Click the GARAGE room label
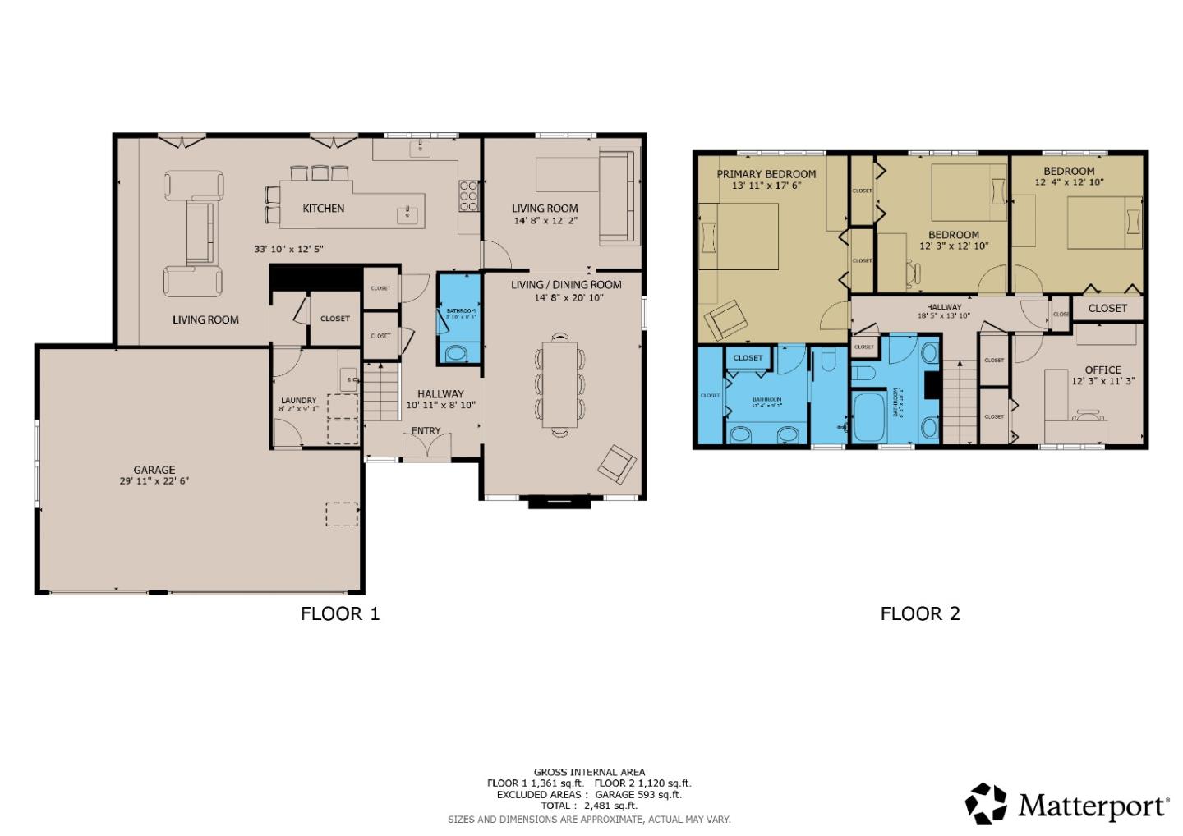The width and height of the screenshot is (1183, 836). point(154,471)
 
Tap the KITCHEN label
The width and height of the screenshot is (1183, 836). point(324,209)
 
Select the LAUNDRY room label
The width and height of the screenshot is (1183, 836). point(298,401)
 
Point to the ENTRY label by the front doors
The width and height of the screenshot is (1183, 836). point(426,431)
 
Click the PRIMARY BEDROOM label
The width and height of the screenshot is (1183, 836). point(766,174)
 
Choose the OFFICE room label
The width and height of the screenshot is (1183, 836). point(1102,370)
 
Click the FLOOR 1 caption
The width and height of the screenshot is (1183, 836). point(340,613)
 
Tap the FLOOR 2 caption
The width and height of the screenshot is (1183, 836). point(920,613)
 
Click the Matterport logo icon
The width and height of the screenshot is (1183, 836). point(986,803)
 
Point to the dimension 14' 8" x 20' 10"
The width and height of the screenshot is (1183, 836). point(568,297)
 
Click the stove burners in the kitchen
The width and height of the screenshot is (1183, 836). point(468,196)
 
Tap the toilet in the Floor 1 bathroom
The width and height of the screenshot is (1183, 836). point(453,354)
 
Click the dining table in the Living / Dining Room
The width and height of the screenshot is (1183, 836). point(559,384)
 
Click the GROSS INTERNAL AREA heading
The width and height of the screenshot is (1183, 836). point(589,772)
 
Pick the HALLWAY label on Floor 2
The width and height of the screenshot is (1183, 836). point(943,307)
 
